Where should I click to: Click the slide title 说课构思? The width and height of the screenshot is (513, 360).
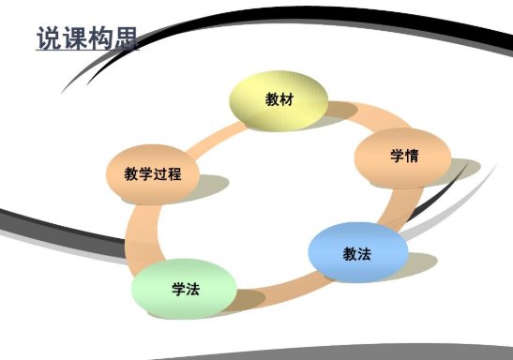[x=86, y=38]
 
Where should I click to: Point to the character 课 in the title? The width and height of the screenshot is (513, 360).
[x=74, y=38]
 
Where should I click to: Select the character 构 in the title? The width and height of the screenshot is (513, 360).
[x=99, y=38]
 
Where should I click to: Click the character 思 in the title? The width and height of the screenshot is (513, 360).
[x=125, y=38]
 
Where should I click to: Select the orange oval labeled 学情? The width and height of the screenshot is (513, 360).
[x=402, y=156]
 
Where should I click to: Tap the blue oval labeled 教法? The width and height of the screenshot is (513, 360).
[x=357, y=251]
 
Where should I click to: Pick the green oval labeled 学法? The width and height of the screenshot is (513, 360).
[x=183, y=288]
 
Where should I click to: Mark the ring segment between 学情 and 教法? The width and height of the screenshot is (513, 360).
[x=398, y=208]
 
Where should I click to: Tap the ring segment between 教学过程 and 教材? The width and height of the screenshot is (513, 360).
[x=206, y=132]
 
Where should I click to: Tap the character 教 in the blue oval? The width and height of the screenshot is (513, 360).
[x=350, y=251]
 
